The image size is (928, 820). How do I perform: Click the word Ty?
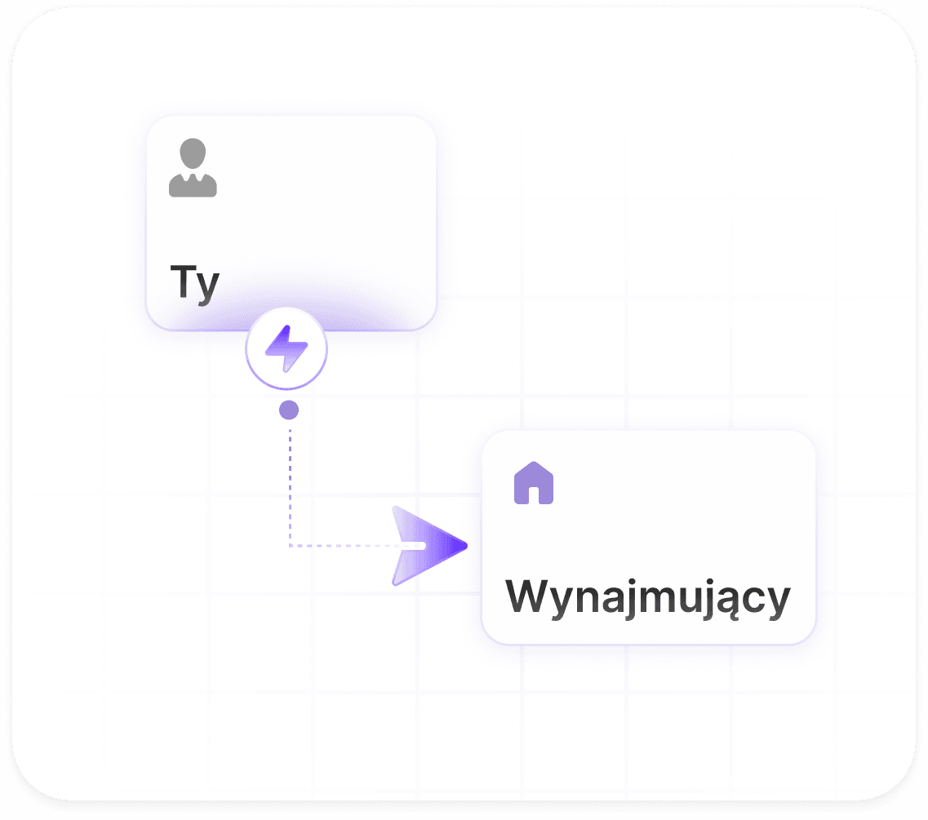point(195,283)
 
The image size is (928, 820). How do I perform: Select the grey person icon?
point(193,167)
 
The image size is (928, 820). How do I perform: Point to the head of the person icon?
point(193,153)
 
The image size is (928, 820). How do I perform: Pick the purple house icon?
point(534,483)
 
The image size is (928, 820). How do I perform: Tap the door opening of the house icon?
point(534,495)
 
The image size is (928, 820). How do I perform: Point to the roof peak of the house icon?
point(534,462)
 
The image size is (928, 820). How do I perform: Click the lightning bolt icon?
point(286,348)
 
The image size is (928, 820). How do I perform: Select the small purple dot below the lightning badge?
point(289,410)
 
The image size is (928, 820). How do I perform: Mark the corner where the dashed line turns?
point(290,546)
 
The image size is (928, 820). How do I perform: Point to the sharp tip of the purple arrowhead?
point(467,546)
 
